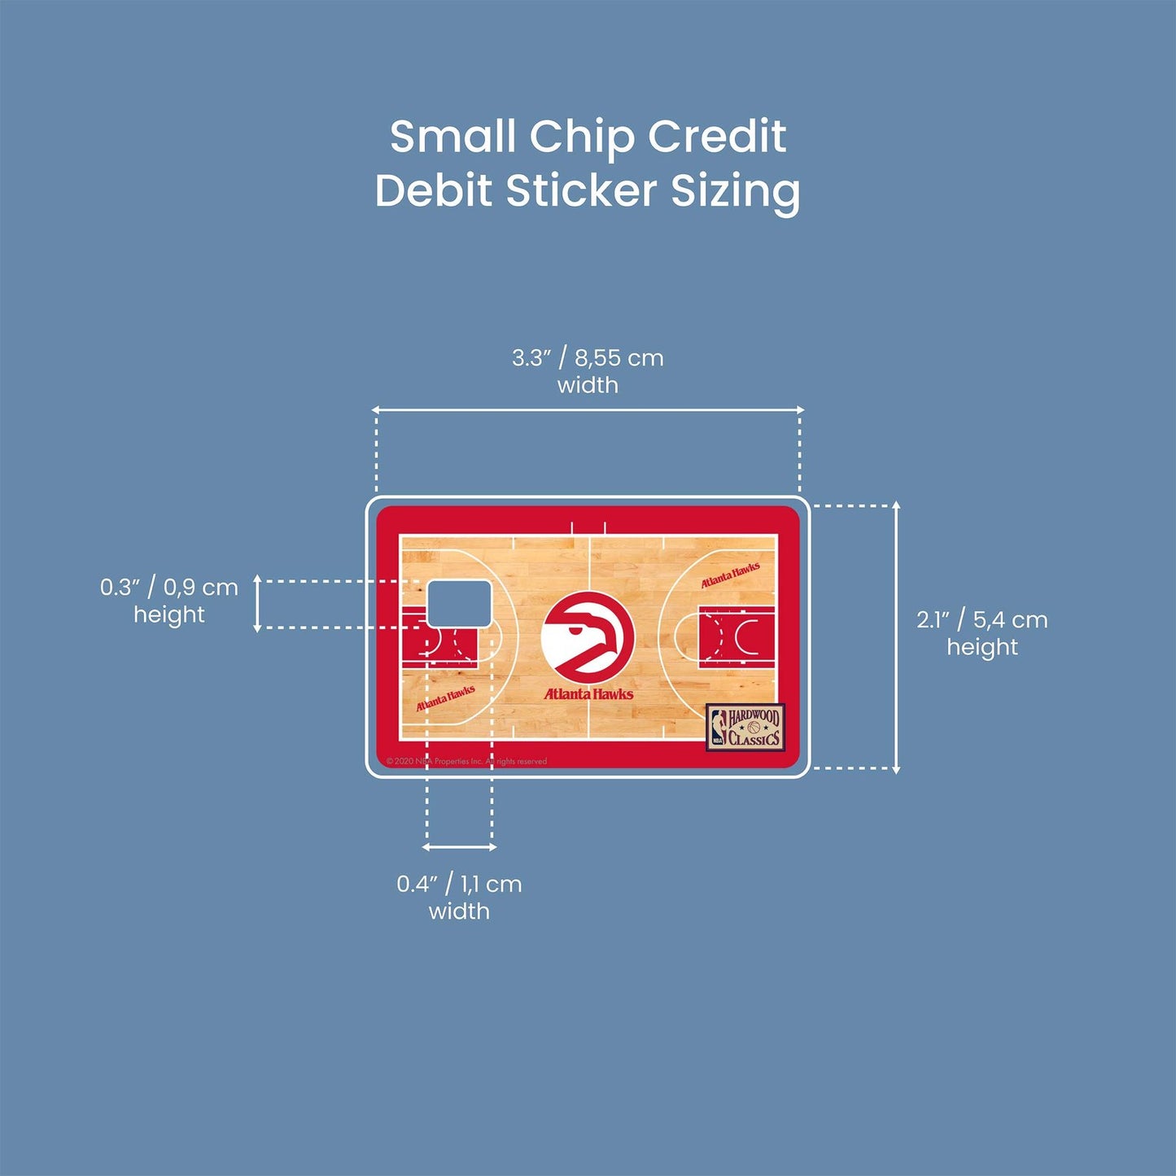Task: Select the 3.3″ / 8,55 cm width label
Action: coord(588,370)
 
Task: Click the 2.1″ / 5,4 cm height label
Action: coord(981,632)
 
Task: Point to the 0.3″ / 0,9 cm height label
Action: coord(169,600)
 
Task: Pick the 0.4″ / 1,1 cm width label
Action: coord(459,896)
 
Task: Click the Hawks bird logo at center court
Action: coord(588,637)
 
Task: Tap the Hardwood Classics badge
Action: coord(745,727)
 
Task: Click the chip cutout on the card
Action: coord(459,603)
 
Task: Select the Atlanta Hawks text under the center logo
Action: coord(588,694)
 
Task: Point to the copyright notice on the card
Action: coord(466,762)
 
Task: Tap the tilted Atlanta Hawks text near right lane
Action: coord(730,574)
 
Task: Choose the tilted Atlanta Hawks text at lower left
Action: coord(445,697)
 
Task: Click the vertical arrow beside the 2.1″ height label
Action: coord(897,637)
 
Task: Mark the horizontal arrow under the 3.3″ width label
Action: coord(588,410)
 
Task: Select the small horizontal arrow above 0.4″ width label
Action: coord(459,847)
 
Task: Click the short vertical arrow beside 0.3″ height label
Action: coord(257,603)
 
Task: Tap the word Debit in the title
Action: coord(434,190)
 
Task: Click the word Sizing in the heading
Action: coord(735,192)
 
